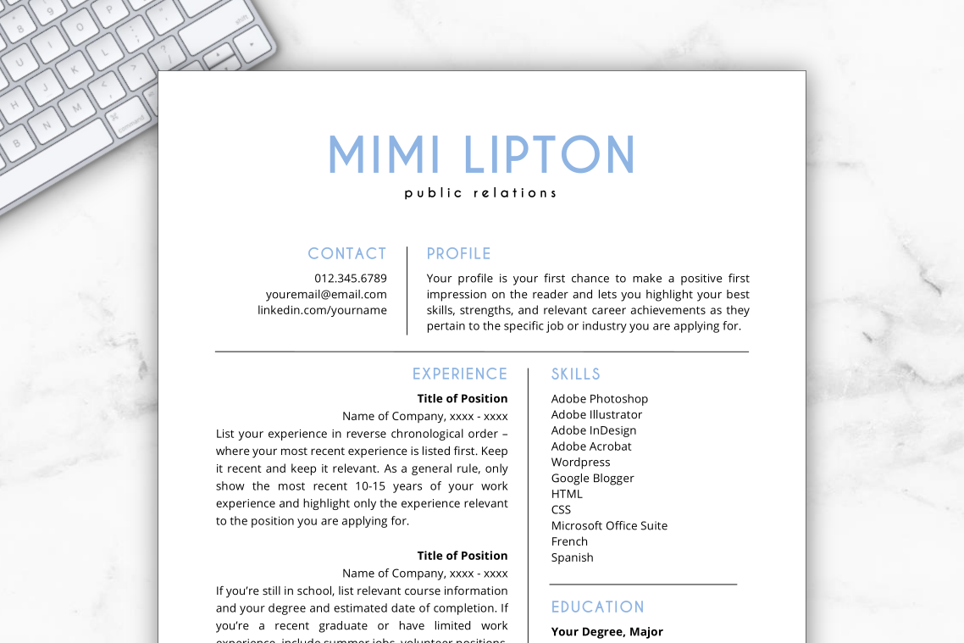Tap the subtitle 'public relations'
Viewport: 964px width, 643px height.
(x=480, y=193)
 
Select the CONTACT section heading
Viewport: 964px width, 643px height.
(x=346, y=253)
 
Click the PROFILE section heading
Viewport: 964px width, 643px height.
(x=458, y=253)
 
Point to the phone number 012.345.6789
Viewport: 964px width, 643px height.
(x=350, y=278)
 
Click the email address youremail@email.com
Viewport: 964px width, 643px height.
(x=326, y=294)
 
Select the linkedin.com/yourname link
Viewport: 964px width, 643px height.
(x=322, y=310)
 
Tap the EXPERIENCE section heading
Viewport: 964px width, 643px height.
(x=459, y=374)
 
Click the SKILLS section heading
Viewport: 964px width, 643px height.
(x=575, y=374)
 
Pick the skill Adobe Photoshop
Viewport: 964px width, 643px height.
(x=599, y=399)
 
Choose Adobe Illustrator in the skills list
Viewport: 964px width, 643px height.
(x=596, y=414)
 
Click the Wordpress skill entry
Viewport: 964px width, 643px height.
(x=580, y=462)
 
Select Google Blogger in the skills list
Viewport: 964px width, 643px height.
(x=592, y=478)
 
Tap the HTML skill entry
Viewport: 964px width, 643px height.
(x=567, y=494)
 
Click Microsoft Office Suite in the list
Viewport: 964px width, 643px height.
(x=609, y=525)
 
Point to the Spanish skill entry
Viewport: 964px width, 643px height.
(x=572, y=557)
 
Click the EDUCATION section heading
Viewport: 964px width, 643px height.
(x=597, y=607)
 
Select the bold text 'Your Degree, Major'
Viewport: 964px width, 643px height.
(x=607, y=631)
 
